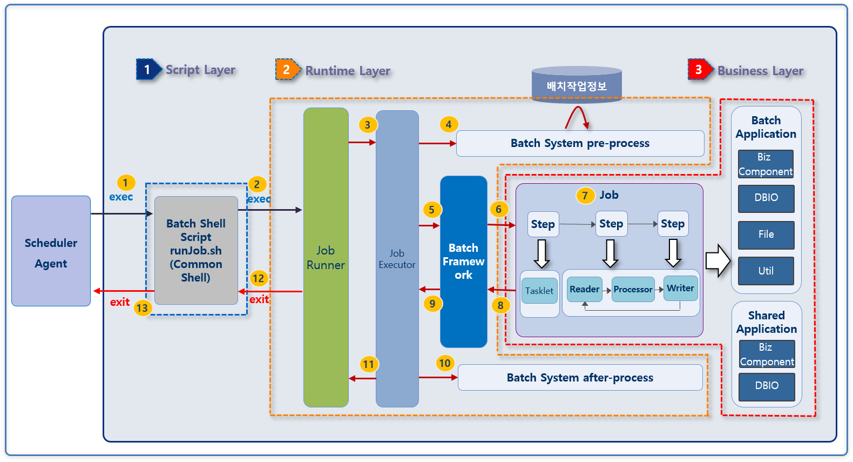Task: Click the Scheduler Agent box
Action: click(51, 251)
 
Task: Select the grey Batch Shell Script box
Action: click(196, 250)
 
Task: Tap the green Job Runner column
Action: click(326, 257)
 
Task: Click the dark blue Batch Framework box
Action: click(463, 262)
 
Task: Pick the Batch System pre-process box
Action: click(580, 143)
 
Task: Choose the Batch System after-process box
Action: click(580, 378)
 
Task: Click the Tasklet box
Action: click(539, 291)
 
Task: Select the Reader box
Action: click(584, 289)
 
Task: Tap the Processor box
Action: click(633, 290)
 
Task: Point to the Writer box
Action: click(680, 289)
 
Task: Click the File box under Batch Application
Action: click(766, 235)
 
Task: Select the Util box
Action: click(766, 271)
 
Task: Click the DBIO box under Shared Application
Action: click(767, 386)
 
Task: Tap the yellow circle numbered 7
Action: click(585, 196)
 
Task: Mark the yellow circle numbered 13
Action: click(142, 308)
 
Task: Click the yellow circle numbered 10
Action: click(444, 363)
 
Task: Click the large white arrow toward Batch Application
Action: click(717, 260)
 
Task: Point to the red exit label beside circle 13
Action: click(120, 302)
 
